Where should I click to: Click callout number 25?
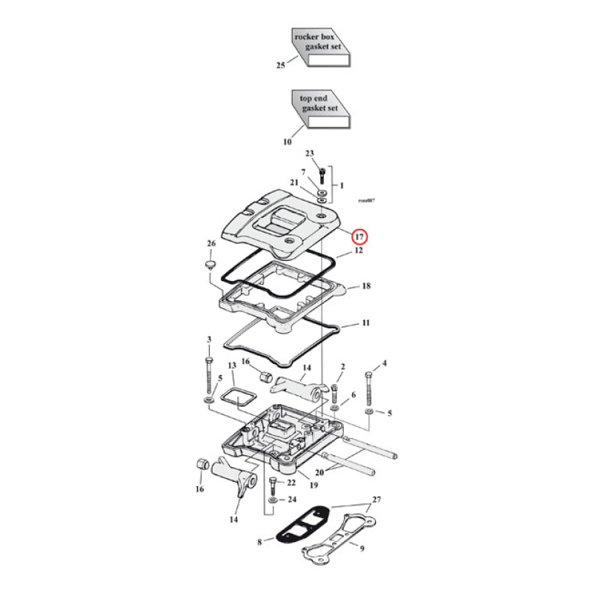280,66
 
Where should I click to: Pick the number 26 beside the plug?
211,243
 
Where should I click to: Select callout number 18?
365,286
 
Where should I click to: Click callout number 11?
365,324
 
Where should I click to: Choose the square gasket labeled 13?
236,397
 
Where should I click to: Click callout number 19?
314,486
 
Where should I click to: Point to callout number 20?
319,473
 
